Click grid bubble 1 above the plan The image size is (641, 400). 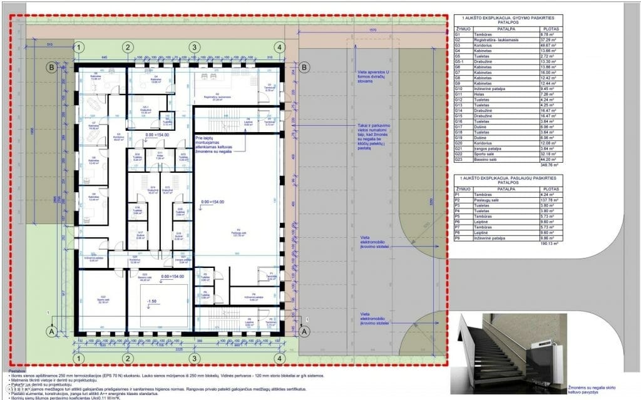[79, 47]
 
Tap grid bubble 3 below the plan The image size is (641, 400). [194, 357]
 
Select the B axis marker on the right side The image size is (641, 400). [304, 67]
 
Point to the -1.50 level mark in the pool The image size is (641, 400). [151, 301]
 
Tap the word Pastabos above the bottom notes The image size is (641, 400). [17, 370]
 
